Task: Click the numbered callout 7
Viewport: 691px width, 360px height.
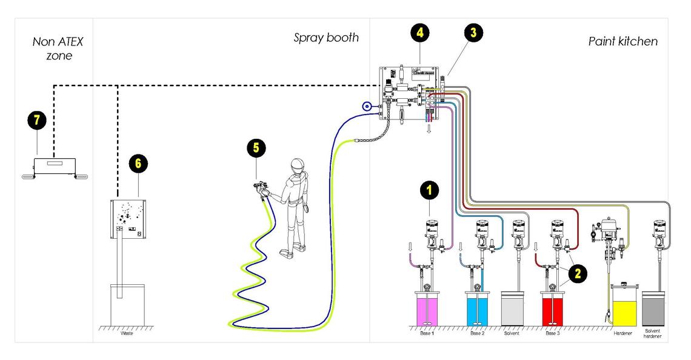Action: (x=36, y=120)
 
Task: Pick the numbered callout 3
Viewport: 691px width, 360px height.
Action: (x=473, y=33)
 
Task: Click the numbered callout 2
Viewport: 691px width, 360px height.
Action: (x=577, y=273)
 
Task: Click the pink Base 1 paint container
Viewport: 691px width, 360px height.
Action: (x=431, y=308)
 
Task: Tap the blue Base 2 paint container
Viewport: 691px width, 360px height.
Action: (x=479, y=308)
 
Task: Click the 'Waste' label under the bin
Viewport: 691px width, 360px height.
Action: (x=127, y=333)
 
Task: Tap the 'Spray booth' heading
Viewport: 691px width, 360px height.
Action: (x=326, y=38)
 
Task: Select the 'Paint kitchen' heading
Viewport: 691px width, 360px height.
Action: (x=623, y=41)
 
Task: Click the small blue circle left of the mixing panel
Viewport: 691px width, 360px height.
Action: (x=366, y=107)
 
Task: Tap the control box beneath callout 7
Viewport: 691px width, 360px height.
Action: (x=55, y=165)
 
